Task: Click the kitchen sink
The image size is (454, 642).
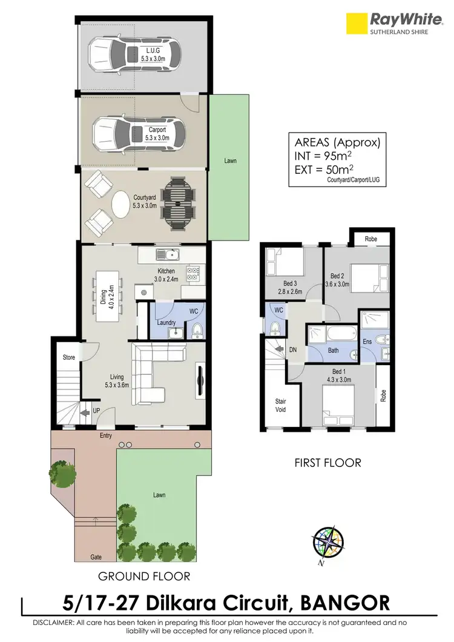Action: coord(165,254)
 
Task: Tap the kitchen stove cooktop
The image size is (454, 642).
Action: coord(193,273)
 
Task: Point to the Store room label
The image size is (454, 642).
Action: coord(69,357)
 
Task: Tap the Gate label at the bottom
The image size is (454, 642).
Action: coord(96,556)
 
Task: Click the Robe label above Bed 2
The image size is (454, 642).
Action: coord(370,239)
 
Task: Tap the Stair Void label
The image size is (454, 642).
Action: coord(280,405)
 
